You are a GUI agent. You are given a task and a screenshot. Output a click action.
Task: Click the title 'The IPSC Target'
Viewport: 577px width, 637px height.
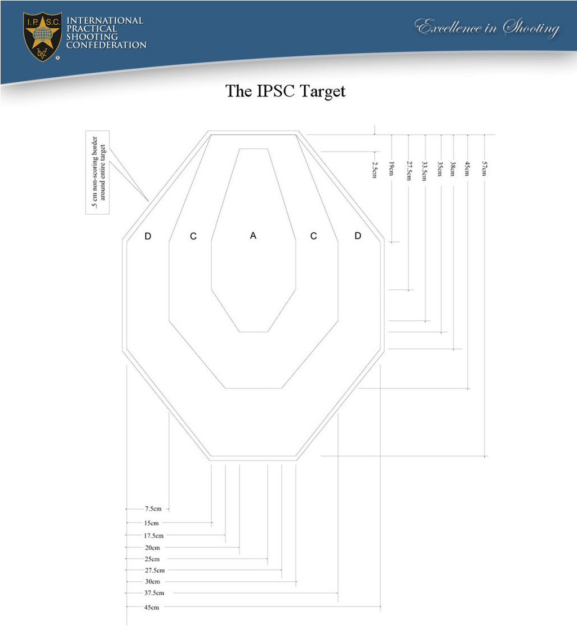point(285,91)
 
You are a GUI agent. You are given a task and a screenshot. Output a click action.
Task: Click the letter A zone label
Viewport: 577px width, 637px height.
point(254,236)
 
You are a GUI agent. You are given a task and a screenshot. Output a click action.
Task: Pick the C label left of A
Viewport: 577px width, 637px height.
point(193,236)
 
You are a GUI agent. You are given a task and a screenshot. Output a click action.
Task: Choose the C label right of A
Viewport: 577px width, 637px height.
point(313,236)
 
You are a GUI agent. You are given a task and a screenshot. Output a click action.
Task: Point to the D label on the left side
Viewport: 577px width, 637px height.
point(148,236)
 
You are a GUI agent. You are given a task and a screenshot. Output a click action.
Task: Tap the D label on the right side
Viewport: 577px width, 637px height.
point(358,236)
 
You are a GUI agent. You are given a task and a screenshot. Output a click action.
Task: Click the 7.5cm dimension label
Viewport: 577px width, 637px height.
point(153,509)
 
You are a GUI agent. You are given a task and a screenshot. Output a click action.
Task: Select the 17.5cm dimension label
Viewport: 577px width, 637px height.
point(154,536)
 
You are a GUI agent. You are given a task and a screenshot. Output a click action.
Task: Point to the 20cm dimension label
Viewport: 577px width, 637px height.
point(152,547)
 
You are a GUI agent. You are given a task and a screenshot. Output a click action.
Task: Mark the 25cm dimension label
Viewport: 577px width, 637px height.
point(152,559)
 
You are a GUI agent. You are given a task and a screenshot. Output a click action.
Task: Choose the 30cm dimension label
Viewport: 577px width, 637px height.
point(152,581)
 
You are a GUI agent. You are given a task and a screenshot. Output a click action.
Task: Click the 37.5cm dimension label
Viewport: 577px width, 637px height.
point(154,593)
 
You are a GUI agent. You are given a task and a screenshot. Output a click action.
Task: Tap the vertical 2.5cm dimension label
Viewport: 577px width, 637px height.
point(375,169)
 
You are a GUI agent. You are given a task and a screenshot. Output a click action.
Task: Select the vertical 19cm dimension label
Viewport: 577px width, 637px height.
point(392,169)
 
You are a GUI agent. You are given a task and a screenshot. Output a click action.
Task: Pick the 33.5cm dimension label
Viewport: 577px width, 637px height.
point(425,171)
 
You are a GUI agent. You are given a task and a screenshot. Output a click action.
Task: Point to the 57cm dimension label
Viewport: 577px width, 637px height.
point(485,169)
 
